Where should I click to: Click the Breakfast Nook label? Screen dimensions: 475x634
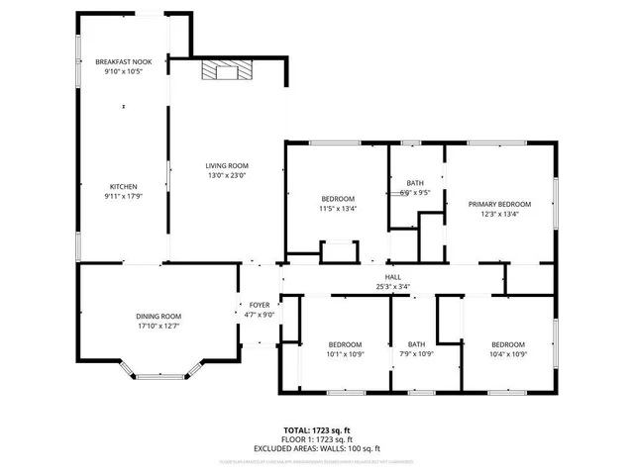(x=123, y=61)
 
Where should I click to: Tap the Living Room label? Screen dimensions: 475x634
(x=227, y=165)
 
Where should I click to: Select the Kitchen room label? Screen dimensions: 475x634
(x=123, y=186)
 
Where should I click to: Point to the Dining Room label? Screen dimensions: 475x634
(x=158, y=316)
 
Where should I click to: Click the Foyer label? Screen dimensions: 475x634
(x=260, y=305)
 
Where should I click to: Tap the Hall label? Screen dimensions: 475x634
(x=393, y=277)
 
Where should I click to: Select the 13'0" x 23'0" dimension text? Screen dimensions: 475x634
(x=227, y=175)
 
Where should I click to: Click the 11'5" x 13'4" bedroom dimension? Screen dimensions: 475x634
(x=337, y=209)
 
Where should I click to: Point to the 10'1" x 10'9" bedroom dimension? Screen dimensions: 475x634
(x=345, y=353)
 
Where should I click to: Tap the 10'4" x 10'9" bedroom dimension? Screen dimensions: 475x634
(x=508, y=353)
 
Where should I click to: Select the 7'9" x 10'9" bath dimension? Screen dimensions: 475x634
(x=416, y=353)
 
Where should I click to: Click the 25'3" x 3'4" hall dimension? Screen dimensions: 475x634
(x=393, y=287)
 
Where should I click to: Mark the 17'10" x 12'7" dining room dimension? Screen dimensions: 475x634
(x=158, y=326)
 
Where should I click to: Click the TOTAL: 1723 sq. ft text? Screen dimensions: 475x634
(x=317, y=429)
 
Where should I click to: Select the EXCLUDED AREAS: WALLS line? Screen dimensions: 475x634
(x=317, y=448)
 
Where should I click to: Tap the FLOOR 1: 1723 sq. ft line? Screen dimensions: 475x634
(x=317, y=439)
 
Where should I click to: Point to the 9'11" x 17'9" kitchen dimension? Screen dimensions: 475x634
(x=123, y=196)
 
